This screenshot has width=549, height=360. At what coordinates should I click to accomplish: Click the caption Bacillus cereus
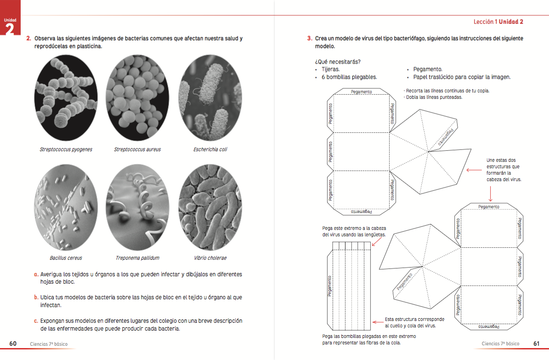coord(66,258)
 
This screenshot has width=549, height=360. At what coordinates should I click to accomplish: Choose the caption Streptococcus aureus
coord(137,149)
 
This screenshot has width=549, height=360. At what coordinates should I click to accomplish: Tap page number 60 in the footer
coord(13,343)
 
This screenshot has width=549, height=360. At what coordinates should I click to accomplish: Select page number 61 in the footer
coord(536,343)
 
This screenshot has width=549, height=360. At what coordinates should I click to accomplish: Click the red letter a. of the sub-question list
coord(36,274)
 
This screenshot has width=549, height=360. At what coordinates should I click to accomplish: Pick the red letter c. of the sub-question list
coord(36,320)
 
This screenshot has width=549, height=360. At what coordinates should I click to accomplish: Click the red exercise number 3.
coord(310,39)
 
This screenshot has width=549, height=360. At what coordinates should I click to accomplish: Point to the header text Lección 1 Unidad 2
coord(498,22)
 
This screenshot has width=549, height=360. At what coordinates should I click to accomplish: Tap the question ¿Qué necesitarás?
coord(337,62)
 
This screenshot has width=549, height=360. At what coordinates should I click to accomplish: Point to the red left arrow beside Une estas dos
coord(474,170)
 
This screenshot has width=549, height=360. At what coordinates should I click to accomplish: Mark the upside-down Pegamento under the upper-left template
coord(361,211)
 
